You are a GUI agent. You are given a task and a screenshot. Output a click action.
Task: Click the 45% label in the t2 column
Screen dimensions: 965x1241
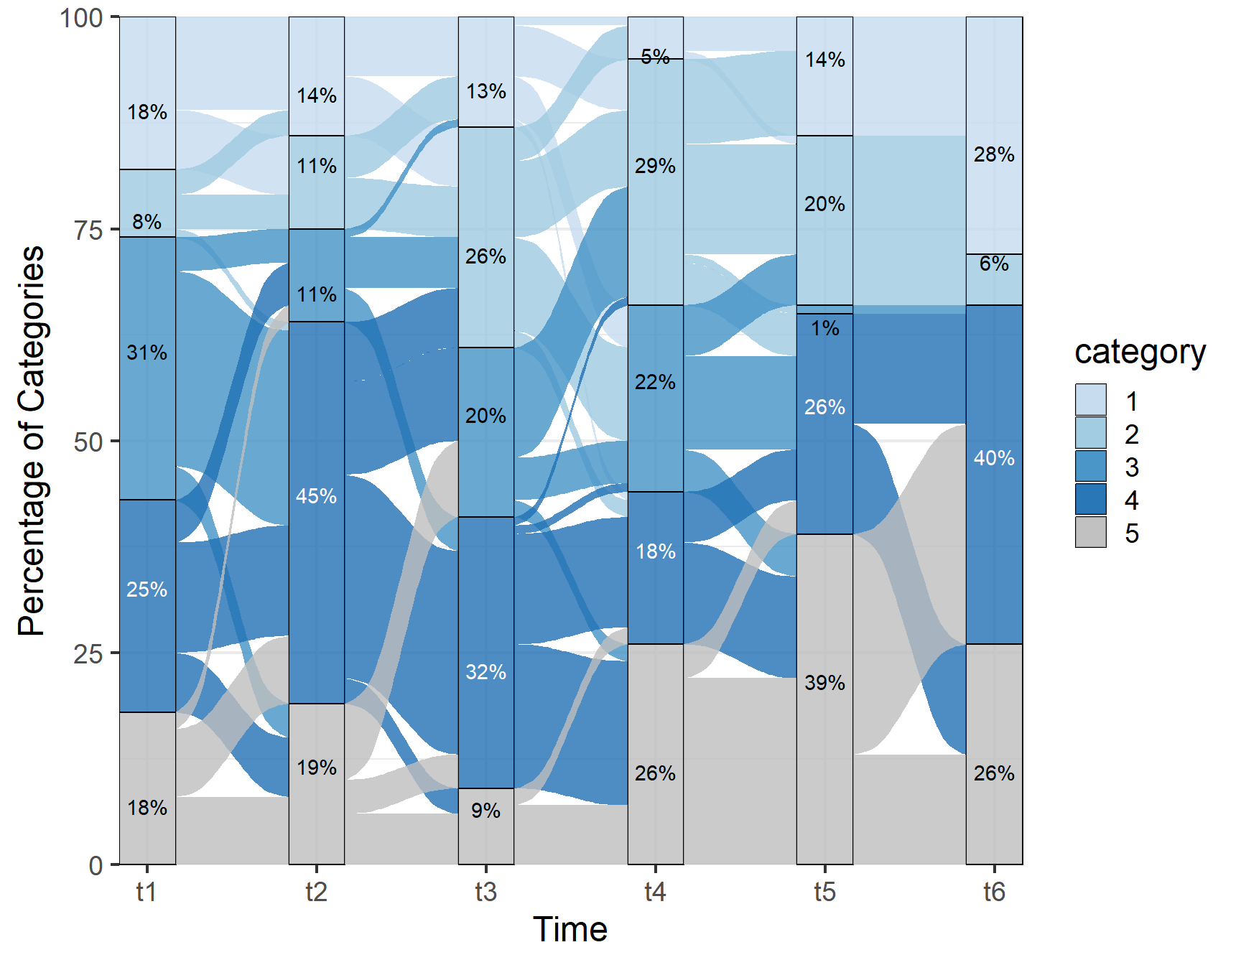coord(316,496)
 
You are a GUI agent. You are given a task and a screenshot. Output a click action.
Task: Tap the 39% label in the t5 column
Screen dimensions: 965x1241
coord(824,683)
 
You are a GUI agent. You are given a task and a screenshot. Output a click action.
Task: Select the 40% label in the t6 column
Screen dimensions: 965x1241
coord(994,458)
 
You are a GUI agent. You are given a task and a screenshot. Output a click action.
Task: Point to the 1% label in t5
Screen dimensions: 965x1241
coord(824,329)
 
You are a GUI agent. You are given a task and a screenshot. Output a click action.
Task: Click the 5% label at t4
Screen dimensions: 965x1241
coord(655,56)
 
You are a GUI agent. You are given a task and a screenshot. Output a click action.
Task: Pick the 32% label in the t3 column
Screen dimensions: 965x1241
coord(485,672)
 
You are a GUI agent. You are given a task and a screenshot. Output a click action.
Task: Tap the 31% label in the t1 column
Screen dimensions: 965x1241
coord(147,353)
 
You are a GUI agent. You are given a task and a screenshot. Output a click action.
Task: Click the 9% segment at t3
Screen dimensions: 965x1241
coord(486,826)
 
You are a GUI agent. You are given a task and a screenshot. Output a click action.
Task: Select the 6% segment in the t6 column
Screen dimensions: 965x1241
coord(994,279)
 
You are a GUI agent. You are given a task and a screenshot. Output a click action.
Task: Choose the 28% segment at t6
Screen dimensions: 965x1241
coord(994,136)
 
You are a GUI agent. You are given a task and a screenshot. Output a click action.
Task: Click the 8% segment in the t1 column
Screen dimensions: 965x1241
coord(147,203)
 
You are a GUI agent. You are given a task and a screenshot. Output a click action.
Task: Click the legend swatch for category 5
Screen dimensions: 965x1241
coord(1090,533)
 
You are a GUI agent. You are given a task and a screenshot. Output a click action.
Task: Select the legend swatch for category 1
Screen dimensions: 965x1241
coord(1090,400)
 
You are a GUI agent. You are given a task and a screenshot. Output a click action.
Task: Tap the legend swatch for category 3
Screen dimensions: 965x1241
coord(1090,467)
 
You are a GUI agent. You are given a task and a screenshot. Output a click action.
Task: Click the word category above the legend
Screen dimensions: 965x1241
coord(1140,353)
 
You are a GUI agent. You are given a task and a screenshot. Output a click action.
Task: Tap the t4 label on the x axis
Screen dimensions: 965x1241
coord(655,892)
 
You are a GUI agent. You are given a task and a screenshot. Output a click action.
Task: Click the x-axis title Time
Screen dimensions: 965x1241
coord(570,930)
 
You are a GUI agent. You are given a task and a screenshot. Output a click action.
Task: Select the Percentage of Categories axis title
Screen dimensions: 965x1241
coord(32,441)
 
